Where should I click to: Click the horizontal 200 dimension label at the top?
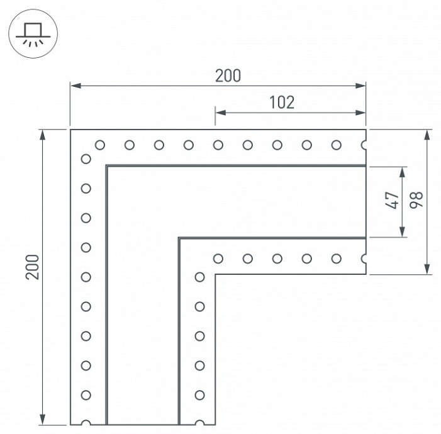[228, 75]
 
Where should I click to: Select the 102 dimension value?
[281, 103]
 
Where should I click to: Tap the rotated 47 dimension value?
[392, 201]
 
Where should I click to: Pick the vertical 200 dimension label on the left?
[32, 267]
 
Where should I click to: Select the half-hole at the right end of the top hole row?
[364, 145]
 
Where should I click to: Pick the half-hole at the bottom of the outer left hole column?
[86, 423]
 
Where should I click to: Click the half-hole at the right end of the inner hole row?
[364, 259]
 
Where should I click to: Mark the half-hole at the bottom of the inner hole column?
[199, 423]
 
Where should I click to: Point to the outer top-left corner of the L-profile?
[70, 130]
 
